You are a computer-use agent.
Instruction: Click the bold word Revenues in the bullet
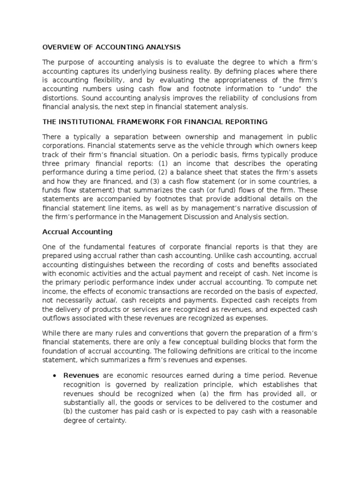pos(81,375)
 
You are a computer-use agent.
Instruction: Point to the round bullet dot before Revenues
pos(55,376)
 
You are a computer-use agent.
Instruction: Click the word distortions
pos(60,98)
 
